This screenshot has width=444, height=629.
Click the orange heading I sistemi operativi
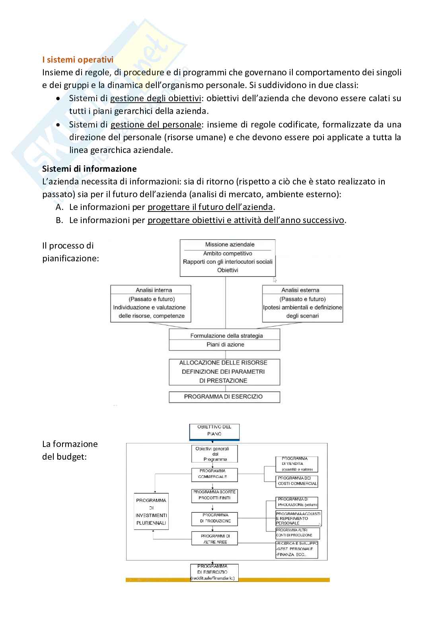point(78,60)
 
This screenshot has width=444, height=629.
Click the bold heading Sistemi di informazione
point(89,169)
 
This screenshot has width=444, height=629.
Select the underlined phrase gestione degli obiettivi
point(155,98)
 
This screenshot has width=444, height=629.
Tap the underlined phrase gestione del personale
point(156,125)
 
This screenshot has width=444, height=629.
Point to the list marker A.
point(60,207)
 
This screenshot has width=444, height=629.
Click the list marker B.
point(60,220)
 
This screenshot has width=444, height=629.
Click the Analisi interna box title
point(154,290)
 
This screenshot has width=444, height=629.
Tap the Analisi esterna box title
point(300,290)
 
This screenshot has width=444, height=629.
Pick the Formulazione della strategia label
point(226,335)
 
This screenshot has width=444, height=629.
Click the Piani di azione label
point(225,345)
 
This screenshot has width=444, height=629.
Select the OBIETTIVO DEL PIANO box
point(214,431)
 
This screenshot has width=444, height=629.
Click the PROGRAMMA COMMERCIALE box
point(214,474)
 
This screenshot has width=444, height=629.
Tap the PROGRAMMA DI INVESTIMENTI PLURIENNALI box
point(151,511)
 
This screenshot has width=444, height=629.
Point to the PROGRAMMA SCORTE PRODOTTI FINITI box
point(214,495)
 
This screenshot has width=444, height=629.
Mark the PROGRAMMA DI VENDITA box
point(297,464)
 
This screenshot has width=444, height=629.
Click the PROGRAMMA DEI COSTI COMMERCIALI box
point(297,481)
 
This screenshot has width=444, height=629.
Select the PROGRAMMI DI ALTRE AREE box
point(215,539)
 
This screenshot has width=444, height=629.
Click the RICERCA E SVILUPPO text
point(297,543)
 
